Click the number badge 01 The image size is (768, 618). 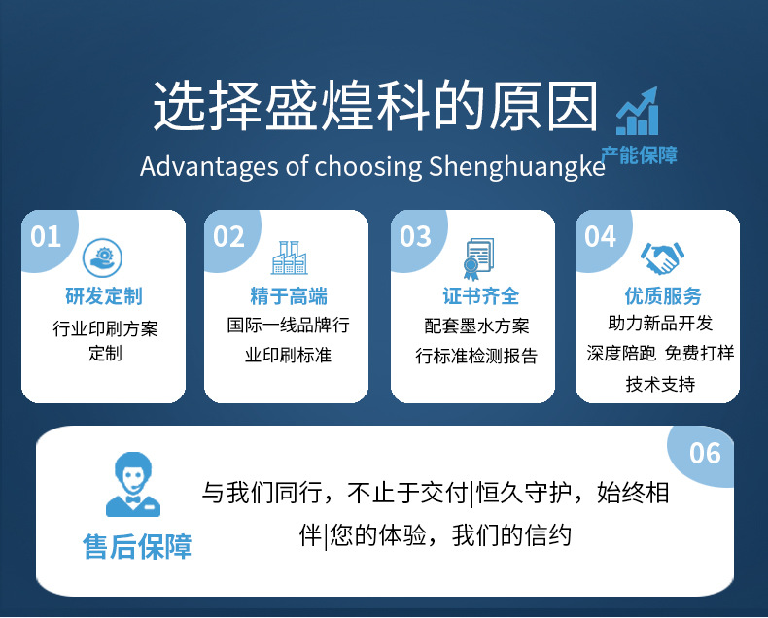[x=46, y=236]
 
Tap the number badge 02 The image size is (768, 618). [x=228, y=236]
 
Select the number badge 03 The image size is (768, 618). [x=415, y=236]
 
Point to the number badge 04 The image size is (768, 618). [x=600, y=236]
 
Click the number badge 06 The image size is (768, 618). [x=705, y=452]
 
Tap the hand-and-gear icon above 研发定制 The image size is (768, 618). [x=102, y=257]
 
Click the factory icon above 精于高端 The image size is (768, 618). [x=289, y=257]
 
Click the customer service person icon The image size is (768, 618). [x=133, y=485]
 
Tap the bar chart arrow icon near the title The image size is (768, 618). [x=638, y=113]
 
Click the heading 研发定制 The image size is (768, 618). [x=103, y=296]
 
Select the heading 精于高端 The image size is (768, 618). [x=289, y=296]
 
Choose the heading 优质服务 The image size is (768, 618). [x=663, y=296]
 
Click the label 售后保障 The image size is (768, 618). [x=137, y=547]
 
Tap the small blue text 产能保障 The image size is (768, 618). [x=639, y=154]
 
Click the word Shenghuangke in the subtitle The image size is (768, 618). [x=516, y=166]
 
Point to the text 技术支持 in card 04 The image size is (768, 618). [x=661, y=384]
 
